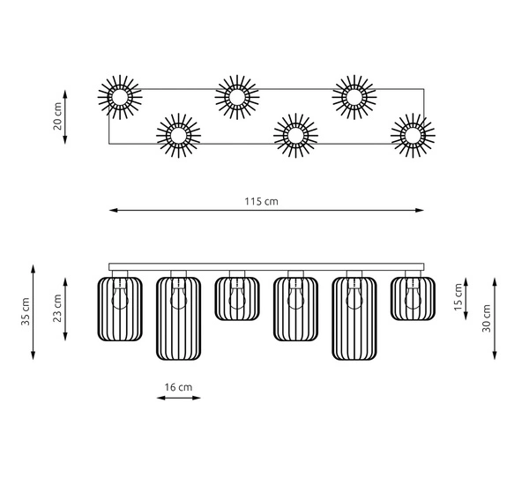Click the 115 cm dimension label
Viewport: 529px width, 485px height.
(262, 201)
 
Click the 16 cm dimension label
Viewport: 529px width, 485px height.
(179, 386)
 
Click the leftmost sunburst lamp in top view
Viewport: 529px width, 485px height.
(119, 97)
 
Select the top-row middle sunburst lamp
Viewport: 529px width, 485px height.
(236, 96)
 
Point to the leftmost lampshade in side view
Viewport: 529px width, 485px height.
(119, 308)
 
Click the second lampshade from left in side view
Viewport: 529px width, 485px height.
(179, 317)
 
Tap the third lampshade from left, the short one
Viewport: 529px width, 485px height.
(236, 297)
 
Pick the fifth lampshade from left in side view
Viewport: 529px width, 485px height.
(354, 317)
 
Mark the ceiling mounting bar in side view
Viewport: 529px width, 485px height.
(266, 266)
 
